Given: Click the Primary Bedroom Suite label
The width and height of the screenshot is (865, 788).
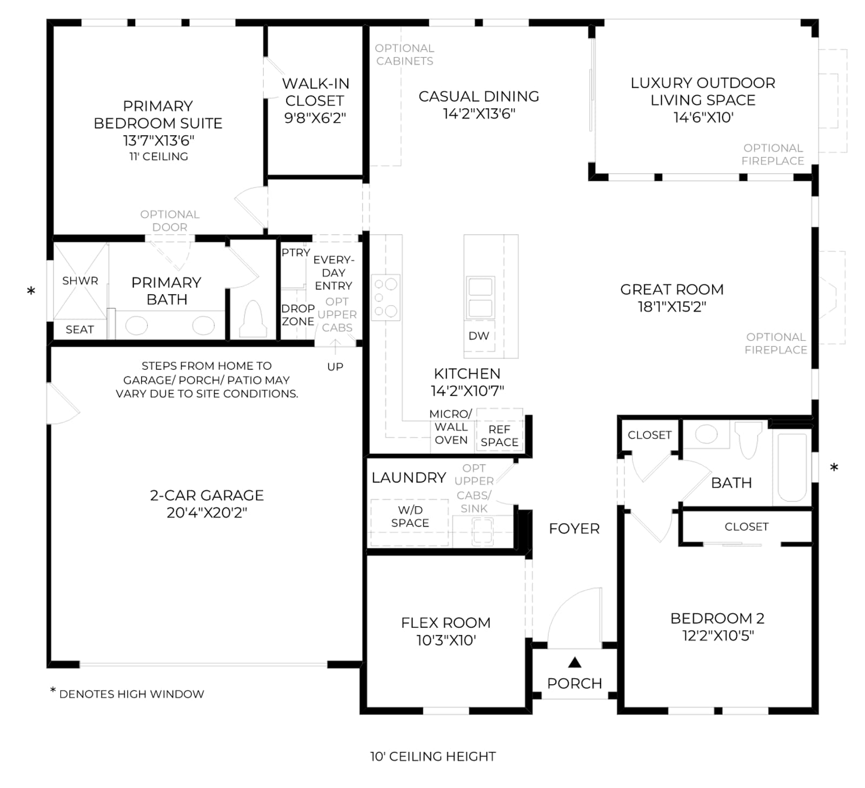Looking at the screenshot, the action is pyautogui.click(x=158, y=115).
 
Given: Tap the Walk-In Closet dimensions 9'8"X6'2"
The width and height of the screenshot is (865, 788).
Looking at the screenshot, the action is pyautogui.click(x=315, y=118).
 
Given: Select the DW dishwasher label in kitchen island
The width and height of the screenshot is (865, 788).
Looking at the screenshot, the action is pyautogui.click(x=479, y=336).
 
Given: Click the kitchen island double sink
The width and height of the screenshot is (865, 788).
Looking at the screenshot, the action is pyautogui.click(x=480, y=297).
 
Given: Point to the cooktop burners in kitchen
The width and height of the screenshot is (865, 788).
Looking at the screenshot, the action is pyautogui.click(x=385, y=297).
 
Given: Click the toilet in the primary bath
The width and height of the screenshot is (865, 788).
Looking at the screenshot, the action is pyautogui.click(x=254, y=319).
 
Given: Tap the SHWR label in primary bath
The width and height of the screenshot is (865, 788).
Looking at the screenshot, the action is pyautogui.click(x=80, y=281).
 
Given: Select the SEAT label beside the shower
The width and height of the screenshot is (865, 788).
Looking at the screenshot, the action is pyautogui.click(x=79, y=329).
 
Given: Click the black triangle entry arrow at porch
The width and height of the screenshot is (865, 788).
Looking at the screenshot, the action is pyautogui.click(x=575, y=662).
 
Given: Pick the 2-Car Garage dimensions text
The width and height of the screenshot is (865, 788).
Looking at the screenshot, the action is pyautogui.click(x=207, y=512).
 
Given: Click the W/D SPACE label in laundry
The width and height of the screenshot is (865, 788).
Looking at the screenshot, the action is pyautogui.click(x=410, y=516).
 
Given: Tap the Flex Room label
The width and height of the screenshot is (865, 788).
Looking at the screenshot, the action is pyautogui.click(x=446, y=623).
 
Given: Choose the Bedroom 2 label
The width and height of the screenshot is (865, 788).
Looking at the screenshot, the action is pyautogui.click(x=717, y=618).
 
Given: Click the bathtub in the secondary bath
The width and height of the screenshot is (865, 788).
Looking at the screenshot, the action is pyautogui.click(x=792, y=467).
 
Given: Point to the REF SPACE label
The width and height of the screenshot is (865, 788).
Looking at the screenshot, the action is pyautogui.click(x=500, y=436).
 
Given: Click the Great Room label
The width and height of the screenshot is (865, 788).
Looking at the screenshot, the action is pyautogui.click(x=672, y=289).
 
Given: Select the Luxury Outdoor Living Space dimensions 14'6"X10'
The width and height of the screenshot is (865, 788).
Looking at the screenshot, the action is pyautogui.click(x=703, y=117).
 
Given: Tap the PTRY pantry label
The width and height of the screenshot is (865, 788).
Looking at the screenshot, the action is pyautogui.click(x=296, y=253).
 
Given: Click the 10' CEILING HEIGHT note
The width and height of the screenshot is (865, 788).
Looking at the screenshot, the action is pyautogui.click(x=432, y=757).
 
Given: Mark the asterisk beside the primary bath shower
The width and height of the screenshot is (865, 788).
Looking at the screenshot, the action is pyautogui.click(x=31, y=291).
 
